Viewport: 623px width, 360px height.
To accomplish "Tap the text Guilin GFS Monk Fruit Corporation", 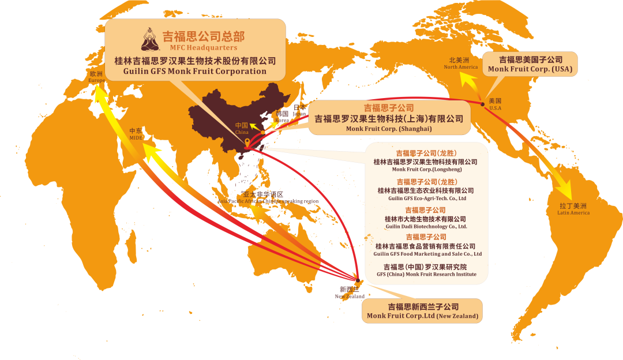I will click(x=195, y=72).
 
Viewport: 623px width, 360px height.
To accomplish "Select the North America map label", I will click(x=460, y=63).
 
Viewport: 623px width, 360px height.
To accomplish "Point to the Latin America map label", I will click(x=573, y=209).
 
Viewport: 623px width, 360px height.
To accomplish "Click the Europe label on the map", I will click(x=96, y=77).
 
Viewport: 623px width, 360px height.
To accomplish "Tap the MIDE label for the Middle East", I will click(x=136, y=134).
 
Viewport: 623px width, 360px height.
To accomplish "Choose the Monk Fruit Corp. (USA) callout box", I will click(x=530, y=63).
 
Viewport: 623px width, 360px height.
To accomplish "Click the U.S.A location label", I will click(x=495, y=104).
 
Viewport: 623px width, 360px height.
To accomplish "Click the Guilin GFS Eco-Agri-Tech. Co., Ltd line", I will click(x=427, y=198).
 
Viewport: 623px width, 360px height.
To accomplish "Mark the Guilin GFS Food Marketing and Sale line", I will click(x=427, y=254).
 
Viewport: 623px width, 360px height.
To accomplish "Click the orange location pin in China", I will click(x=247, y=142).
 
